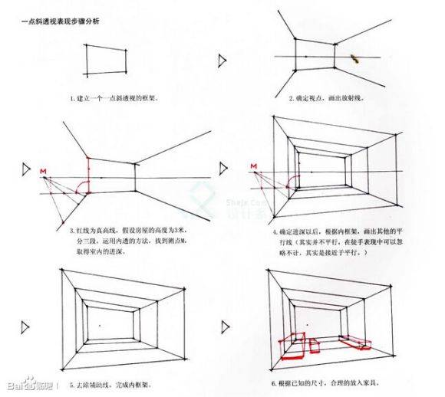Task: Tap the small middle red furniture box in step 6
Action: [315, 344]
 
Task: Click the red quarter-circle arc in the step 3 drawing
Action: [88, 185]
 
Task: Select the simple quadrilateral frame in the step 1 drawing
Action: [105, 59]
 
